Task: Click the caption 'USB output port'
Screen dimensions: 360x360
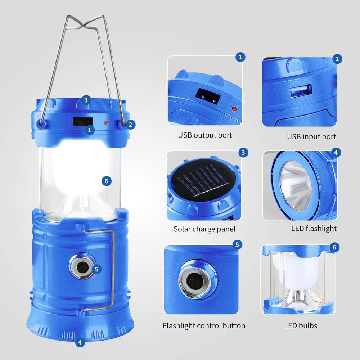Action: [x=205, y=135]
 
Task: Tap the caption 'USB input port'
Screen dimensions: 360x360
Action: [x=311, y=136]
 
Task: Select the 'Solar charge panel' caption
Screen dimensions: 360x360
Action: [x=204, y=229]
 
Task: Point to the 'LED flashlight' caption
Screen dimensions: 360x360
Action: [x=314, y=228]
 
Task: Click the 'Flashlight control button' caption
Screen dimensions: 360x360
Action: [x=204, y=326]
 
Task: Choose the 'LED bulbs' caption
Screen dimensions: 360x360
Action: [x=301, y=326]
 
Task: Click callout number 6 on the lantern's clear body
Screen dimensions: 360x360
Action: [x=106, y=181]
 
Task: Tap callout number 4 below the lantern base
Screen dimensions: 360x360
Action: [x=80, y=342]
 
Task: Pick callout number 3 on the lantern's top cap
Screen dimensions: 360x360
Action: [x=85, y=100]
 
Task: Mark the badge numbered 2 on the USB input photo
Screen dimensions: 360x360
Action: [x=337, y=59]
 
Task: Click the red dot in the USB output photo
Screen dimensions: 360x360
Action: [x=234, y=108]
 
